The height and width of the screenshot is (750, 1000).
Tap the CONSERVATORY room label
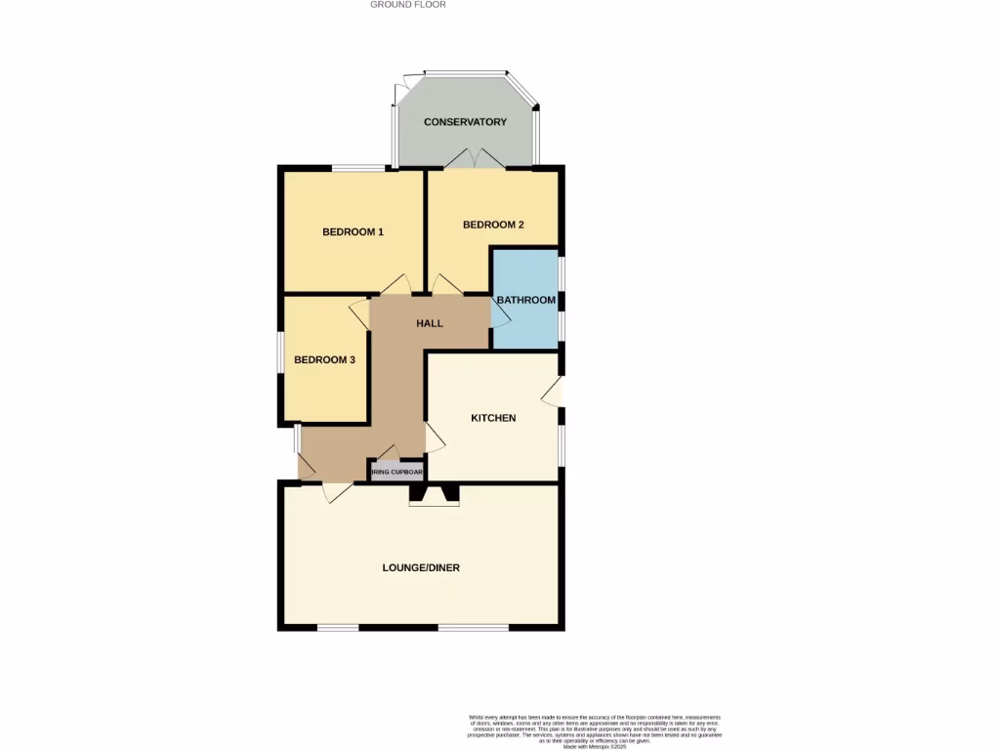[465, 122]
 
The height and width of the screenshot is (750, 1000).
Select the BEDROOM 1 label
[353, 231]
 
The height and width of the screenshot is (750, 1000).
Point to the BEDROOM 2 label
[493, 225]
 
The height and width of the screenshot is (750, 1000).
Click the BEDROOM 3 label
[324, 359]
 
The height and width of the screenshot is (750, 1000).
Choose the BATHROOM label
[526, 300]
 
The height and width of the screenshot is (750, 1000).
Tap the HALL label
[430, 323]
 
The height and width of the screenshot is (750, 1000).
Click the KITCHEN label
[493, 418]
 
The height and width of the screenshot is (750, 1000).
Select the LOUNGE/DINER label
[422, 567]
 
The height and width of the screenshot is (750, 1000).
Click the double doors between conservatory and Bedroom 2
[473, 159]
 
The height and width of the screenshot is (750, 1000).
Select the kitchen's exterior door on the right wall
[554, 391]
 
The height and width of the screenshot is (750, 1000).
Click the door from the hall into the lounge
[337, 493]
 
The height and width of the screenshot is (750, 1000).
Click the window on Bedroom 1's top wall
[356, 168]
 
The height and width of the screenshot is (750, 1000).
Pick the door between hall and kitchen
[435, 437]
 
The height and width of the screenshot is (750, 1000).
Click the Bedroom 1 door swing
[396, 284]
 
